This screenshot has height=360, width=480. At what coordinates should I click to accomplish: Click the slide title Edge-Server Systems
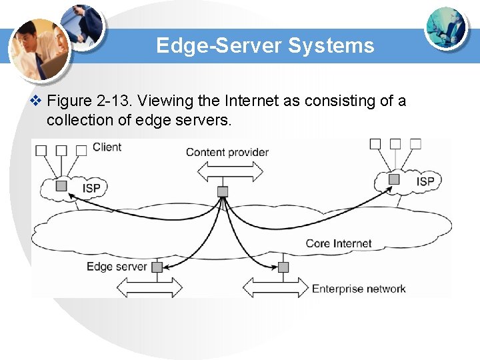tap(265, 46)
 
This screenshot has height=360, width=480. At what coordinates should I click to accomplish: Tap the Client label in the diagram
tap(107, 147)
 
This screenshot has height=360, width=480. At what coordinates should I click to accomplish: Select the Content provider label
tap(227, 152)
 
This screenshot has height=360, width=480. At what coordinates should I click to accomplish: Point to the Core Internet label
tap(339, 243)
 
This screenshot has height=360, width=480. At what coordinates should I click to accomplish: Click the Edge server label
tap(117, 267)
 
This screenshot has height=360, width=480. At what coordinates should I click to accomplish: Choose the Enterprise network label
tap(359, 289)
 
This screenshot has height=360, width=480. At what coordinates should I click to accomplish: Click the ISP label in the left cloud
tap(91, 188)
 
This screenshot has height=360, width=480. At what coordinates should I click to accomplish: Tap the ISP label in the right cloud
tap(425, 181)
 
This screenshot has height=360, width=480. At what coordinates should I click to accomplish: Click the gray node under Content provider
tap(223, 192)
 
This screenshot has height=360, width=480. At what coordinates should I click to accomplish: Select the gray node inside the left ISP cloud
tap(61, 186)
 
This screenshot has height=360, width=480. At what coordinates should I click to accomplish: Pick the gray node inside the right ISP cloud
tap(394, 179)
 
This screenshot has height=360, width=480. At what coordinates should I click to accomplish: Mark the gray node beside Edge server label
tap(157, 267)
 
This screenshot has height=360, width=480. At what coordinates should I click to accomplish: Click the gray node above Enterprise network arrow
tap(283, 267)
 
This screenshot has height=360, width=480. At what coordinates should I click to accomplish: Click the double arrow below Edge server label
tap(149, 287)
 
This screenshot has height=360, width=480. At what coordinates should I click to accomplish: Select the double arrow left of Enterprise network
tap(275, 287)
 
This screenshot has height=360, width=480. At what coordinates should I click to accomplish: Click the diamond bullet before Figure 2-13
tap(37, 101)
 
